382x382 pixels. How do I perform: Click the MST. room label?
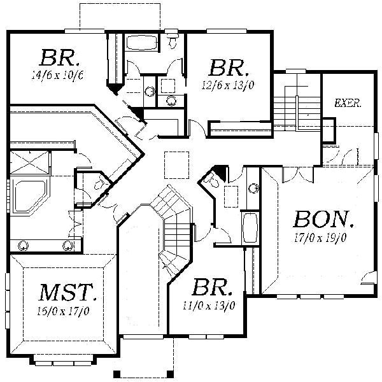pyautogui.click(x=67, y=294)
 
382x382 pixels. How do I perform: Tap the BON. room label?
pyautogui.click(x=323, y=220)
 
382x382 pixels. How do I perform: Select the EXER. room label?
pyautogui.click(x=348, y=103)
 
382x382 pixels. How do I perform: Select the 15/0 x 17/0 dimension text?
pyautogui.click(x=63, y=311)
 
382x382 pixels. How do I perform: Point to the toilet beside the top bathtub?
pyautogui.click(x=173, y=41)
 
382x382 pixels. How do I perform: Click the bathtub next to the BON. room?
pyautogui.click(x=250, y=228)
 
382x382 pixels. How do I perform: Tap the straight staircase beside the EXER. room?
pyautogui.click(x=297, y=105)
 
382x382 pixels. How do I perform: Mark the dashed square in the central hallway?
pyautogui.click(x=175, y=165)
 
